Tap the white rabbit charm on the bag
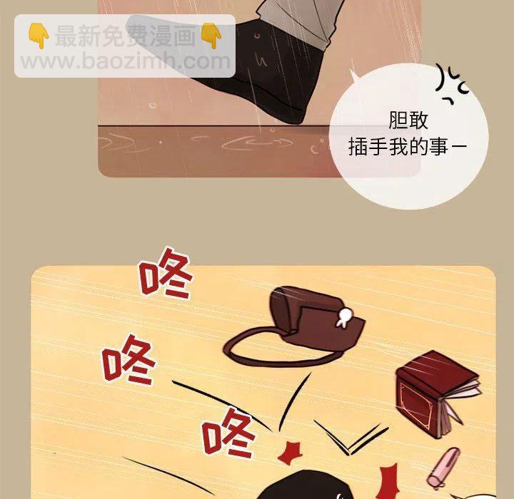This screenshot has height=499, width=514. (x=343, y=317)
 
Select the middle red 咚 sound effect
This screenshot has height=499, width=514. (x=128, y=360)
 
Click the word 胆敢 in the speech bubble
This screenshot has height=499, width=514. (x=408, y=120)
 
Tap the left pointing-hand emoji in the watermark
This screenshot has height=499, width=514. (x=39, y=36)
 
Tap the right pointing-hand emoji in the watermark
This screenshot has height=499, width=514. (x=211, y=36)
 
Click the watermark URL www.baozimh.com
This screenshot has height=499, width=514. (x=126, y=61)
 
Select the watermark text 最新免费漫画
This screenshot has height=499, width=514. (x=125, y=36)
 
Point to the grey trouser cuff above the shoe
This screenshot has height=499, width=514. (x=298, y=20)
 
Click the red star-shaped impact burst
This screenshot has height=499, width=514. (x=291, y=453)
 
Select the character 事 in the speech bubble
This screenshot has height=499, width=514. (x=439, y=147)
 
